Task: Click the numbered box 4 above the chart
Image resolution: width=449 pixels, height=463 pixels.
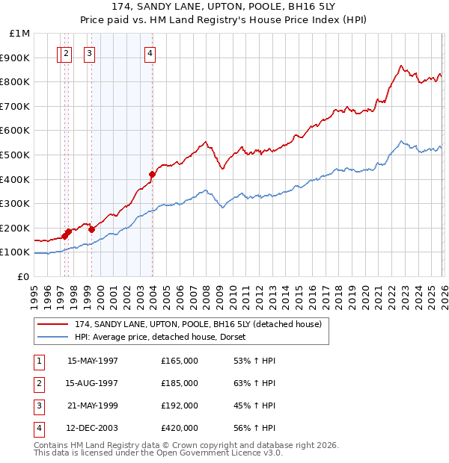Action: [x=150, y=53]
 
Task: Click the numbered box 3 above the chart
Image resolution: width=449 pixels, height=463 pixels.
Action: [x=89, y=53]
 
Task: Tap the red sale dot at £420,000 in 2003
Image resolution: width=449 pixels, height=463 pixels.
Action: [x=152, y=174]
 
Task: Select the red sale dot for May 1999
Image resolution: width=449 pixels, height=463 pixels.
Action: [x=91, y=229]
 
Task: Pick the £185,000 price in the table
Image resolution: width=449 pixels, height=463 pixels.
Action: [x=180, y=384]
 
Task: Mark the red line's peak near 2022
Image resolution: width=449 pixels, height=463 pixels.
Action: [x=401, y=66]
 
